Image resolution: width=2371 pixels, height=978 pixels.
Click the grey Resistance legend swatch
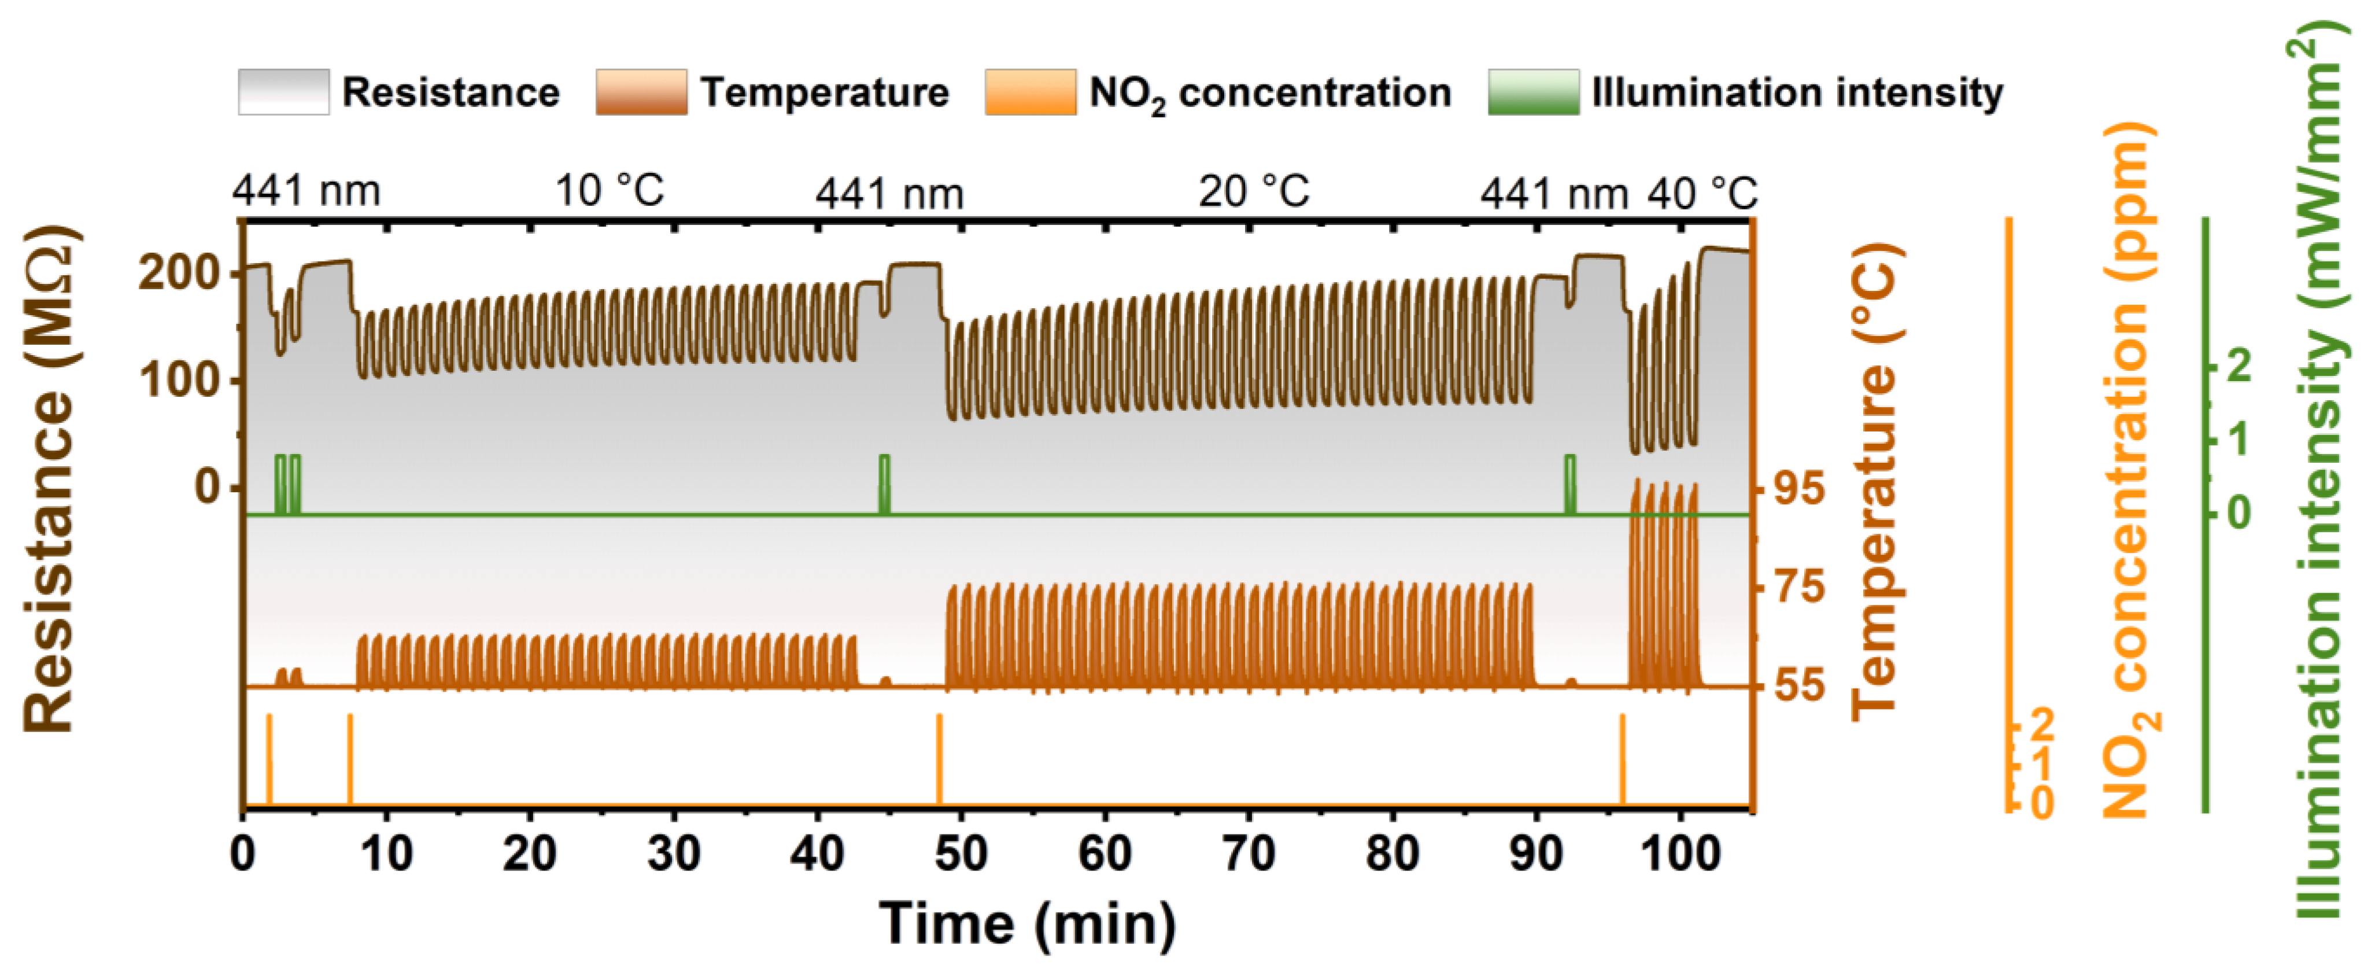click(x=283, y=92)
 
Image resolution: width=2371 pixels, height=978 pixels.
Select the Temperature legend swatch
click(x=641, y=92)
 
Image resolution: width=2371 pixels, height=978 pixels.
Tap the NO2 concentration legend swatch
click(x=1030, y=92)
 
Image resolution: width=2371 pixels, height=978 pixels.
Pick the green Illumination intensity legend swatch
click(x=1534, y=92)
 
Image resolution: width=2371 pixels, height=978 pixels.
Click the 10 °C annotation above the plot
click(x=610, y=191)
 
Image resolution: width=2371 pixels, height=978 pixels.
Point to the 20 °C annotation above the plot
click(x=1254, y=191)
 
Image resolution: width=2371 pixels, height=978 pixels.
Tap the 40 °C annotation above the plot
click(x=1702, y=193)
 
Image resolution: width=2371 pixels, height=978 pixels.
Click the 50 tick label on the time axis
click(x=961, y=854)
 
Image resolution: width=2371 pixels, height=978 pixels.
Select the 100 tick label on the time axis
click(x=1681, y=854)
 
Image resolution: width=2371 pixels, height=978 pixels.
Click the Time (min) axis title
click(x=1027, y=922)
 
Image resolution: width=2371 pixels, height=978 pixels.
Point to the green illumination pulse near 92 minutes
click(x=1569, y=484)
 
